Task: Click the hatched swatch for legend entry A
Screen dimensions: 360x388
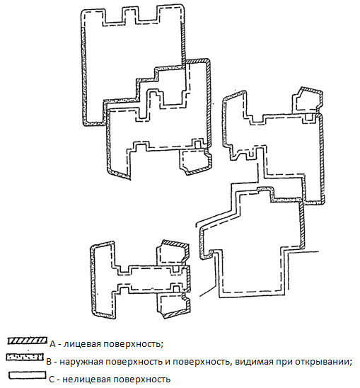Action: pyautogui.click(x=27, y=341)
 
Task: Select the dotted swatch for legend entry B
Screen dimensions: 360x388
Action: pyautogui.click(x=25, y=358)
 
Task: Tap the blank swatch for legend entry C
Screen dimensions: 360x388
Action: pyautogui.click(x=27, y=375)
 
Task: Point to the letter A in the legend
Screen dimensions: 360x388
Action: pyautogui.click(x=52, y=344)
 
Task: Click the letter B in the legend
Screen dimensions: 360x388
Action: pyautogui.click(x=50, y=362)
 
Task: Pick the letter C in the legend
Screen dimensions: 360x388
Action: pyautogui.click(x=52, y=380)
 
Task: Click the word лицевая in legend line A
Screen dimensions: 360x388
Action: pyautogui.click(x=81, y=344)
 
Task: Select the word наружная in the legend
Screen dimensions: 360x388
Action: pyautogui.click(x=80, y=362)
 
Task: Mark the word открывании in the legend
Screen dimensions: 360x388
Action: pyautogui.click(x=326, y=362)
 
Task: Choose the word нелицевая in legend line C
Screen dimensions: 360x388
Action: pyautogui.click(x=83, y=380)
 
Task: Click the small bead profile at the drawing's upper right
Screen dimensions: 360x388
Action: pyautogui.click(x=308, y=101)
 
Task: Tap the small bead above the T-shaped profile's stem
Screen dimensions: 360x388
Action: pyautogui.click(x=173, y=253)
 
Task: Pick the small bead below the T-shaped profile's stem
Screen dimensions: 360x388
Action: pyautogui.click(x=174, y=306)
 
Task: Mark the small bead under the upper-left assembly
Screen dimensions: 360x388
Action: pyautogui.click(x=195, y=162)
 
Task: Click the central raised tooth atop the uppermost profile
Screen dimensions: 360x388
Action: pyautogui.click(x=130, y=16)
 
